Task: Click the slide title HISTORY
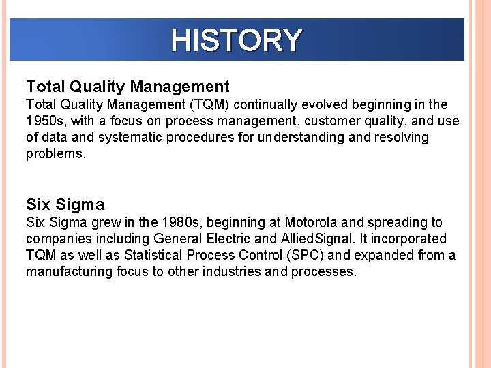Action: tap(236, 40)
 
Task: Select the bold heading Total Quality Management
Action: tap(128, 87)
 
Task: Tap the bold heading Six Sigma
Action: tap(65, 204)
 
